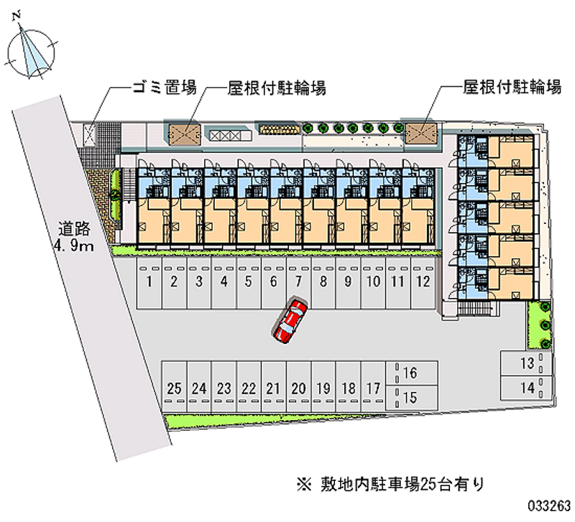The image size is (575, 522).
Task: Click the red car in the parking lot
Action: click(x=290, y=320)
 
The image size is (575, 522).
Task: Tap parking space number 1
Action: click(x=149, y=281)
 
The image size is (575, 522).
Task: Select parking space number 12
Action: click(x=423, y=281)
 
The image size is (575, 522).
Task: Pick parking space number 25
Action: click(x=174, y=388)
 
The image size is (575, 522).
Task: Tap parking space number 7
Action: click(x=298, y=281)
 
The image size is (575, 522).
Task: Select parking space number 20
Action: click(x=299, y=388)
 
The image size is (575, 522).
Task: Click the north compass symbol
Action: click(x=30, y=50)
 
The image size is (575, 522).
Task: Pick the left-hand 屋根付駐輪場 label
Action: click(x=277, y=88)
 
